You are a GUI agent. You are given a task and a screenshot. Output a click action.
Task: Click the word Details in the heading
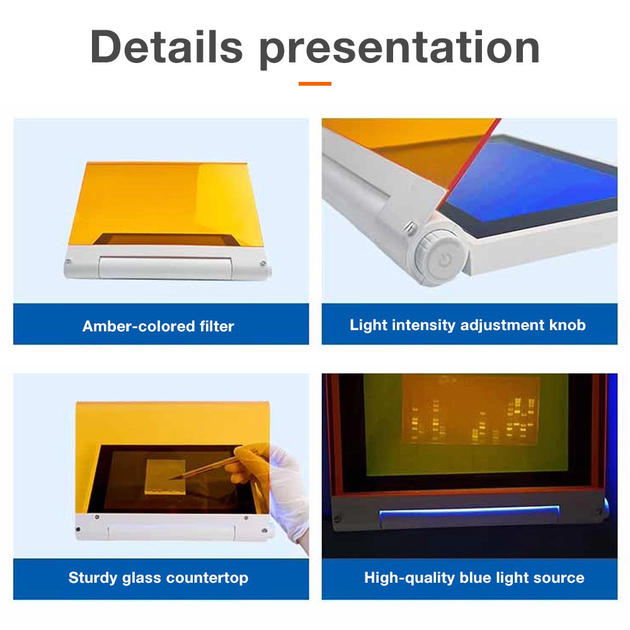click(166, 47)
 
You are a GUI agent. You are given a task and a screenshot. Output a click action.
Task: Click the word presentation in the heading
click(399, 50)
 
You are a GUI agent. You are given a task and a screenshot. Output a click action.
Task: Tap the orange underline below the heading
click(314, 84)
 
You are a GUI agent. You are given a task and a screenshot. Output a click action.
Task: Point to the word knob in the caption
click(568, 324)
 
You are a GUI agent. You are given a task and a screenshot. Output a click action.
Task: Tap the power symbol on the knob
click(444, 260)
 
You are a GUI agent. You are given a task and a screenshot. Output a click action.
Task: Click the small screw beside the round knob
click(411, 228)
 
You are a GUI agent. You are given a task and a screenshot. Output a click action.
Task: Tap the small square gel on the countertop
click(165, 476)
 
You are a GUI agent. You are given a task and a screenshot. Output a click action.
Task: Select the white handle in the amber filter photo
click(166, 268)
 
